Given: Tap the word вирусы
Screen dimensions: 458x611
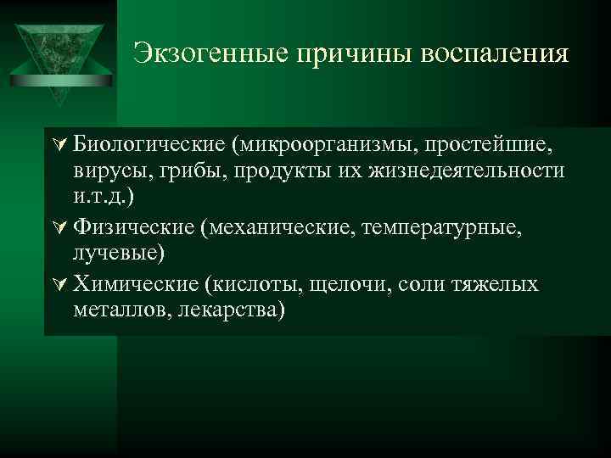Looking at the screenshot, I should click(x=109, y=171).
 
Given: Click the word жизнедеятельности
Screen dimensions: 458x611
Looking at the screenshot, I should click(x=466, y=171).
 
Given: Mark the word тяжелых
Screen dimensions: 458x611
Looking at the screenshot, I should click(x=502, y=283).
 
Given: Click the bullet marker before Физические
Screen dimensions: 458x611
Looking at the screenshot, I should click(x=58, y=227).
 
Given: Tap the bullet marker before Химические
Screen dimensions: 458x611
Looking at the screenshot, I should click(x=58, y=283).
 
